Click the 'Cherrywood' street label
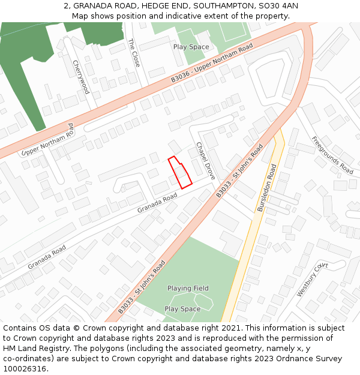point(81,77)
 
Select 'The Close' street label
point(133,53)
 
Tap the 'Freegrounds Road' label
point(332,155)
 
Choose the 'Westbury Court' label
point(312,279)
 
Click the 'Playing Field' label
point(188,289)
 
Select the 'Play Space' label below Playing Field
point(182,309)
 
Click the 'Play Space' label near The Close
point(191,47)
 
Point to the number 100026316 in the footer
point(25,368)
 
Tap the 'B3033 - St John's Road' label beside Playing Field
point(142,289)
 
